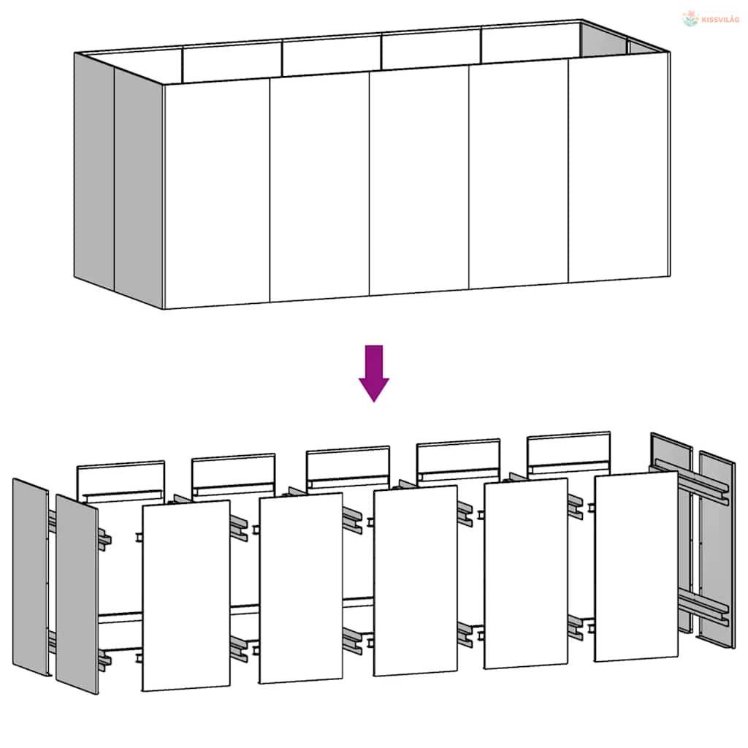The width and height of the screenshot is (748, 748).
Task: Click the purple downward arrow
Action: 374,373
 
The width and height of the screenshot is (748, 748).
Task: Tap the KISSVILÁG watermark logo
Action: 710,19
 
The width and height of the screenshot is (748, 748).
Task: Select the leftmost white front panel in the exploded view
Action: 186,595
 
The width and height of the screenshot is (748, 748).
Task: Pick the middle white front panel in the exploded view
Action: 416,581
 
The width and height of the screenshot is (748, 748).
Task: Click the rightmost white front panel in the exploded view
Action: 636,566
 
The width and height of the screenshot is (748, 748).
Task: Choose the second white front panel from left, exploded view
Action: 300,588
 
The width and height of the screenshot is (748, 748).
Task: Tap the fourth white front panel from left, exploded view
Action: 526,573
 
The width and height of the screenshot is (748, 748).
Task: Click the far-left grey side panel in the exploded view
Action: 31,577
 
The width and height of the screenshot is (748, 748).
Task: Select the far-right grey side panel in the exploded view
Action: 717,549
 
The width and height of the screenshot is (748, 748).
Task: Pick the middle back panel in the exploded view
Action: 348,467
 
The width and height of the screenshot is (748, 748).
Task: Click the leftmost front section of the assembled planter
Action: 217,194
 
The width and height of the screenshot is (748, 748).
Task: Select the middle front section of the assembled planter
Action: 419,180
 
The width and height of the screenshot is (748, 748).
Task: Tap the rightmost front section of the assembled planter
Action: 619,167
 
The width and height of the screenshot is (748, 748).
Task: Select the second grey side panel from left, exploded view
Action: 77,594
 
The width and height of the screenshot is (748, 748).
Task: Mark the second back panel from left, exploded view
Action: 233,475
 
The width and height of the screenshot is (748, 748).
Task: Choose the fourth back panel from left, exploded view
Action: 459,460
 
